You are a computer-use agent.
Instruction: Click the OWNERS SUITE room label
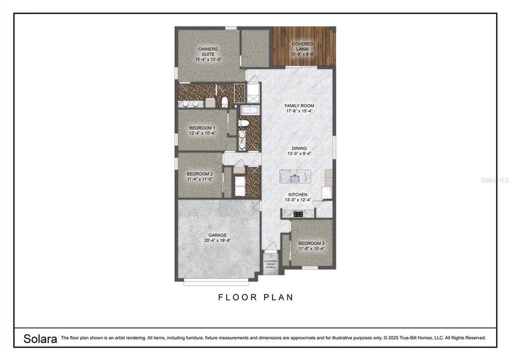coord(208,49)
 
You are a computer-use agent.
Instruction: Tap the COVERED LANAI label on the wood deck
coord(303,44)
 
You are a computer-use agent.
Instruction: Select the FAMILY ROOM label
coord(299,105)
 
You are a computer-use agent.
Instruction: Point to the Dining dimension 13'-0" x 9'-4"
coord(297,154)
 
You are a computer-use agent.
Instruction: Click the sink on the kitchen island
coord(295,176)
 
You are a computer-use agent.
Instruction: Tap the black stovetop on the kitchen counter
coord(298,214)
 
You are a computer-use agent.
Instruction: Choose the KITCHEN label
coord(297,194)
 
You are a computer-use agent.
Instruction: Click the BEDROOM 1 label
coord(202,128)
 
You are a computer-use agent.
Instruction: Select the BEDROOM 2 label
coord(200,174)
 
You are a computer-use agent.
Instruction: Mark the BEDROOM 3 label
coord(311,243)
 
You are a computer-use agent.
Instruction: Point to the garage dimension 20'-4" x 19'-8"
coord(217,240)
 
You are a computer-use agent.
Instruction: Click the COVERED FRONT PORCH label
coord(271,264)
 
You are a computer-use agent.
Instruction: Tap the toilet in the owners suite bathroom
coord(225,102)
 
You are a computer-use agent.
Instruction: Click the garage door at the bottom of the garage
coord(215,282)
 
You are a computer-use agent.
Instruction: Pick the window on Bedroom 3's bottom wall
coord(310,268)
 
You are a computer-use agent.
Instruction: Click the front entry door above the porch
coord(270,246)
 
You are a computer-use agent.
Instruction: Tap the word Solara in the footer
coord(40,338)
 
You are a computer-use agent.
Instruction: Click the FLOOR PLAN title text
coord(255,297)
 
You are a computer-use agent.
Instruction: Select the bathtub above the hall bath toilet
coord(249,110)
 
